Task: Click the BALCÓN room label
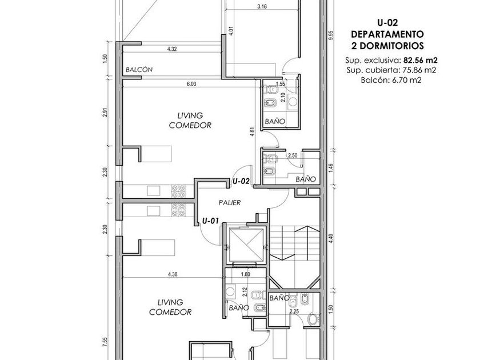[x=139, y=70]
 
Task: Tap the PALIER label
[x=230, y=202]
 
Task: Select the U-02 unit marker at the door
[x=241, y=181]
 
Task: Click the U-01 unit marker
[x=211, y=221]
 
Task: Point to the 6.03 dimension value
[x=191, y=83]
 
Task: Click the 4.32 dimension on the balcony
[x=172, y=49]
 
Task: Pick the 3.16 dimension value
[x=262, y=6]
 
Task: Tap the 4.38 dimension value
[x=173, y=274]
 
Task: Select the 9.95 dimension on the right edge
[x=330, y=36]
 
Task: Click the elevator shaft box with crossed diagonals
[x=246, y=245]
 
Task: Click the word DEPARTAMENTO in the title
[x=387, y=34]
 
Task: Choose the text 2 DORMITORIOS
[x=387, y=46]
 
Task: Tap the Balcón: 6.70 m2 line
[x=391, y=81]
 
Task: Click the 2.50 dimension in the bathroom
[x=293, y=155]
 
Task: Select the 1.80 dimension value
[x=246, y=274]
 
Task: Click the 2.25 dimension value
[x=294, y=311]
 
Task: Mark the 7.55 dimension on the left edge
[x=105, y=342]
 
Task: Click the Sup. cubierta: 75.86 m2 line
[x=391, y=70]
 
